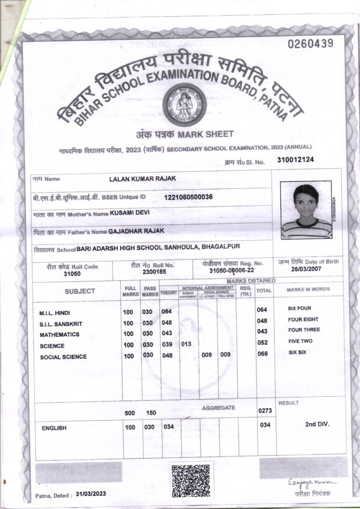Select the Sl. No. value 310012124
click(295, 160)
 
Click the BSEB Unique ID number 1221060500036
click(188, 197)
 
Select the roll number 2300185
click(154, 271)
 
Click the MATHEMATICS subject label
click(59, 334)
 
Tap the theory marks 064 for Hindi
click(167, 311)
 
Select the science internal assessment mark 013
click(186, 344)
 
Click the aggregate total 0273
click(265, 411)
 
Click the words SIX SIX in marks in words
click(297, 353)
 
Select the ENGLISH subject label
click(54, 428)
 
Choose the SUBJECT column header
click(80, 291)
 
